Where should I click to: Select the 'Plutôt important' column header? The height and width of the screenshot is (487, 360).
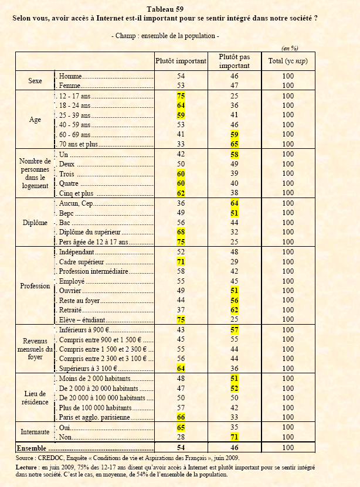(x=181, y=61)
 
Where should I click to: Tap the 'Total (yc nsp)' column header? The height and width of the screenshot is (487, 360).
(x=288, y=61)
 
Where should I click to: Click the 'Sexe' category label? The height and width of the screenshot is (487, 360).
(x=35, y=81)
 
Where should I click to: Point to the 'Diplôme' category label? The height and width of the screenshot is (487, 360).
(x=35, y=223)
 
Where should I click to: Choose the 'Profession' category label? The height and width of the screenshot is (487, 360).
(x=35, y=286)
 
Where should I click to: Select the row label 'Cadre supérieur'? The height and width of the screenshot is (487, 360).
(x=82, y=261)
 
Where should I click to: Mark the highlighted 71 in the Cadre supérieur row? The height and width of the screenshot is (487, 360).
(x=181, y=261)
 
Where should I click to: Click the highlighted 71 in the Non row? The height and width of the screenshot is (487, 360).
(x=234, y=437)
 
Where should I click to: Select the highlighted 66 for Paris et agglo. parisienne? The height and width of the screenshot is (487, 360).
(x=181, y=417)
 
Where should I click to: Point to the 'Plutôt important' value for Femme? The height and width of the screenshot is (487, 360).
(x=181, y=86)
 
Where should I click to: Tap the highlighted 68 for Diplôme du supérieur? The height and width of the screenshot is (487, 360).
(x=181, y=232)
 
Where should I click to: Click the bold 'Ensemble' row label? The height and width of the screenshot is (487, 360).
(x=35, y=448)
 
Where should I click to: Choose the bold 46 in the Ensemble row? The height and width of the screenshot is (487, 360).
(x=234, y=448)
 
